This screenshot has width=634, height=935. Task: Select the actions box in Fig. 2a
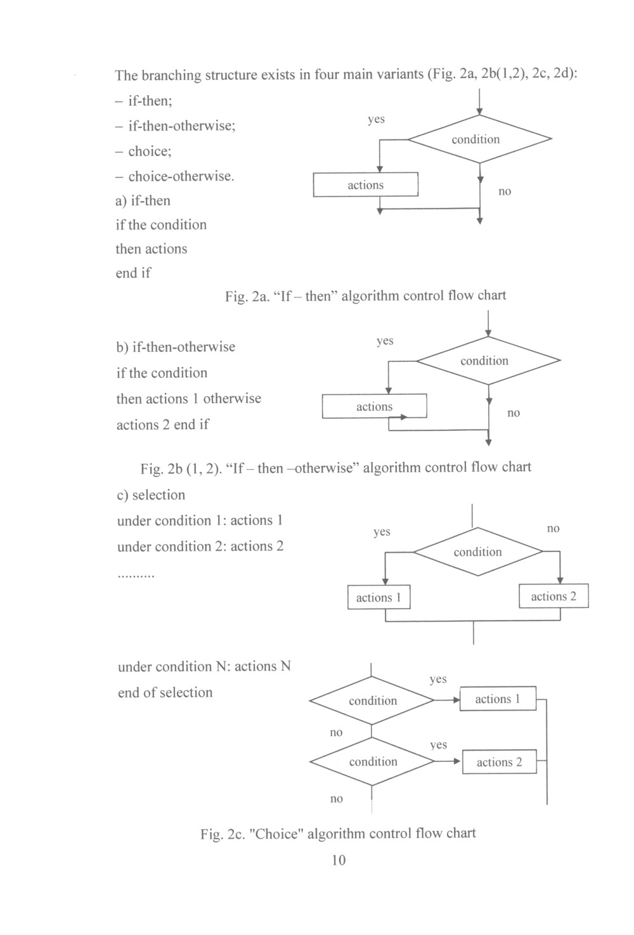366,184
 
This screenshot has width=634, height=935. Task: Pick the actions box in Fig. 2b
374,406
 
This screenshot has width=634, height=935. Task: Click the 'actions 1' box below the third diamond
378,597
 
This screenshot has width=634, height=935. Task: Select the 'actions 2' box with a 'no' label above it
553,596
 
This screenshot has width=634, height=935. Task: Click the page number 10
339,860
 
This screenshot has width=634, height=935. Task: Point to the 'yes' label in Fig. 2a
376,119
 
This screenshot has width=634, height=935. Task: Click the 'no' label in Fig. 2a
505,191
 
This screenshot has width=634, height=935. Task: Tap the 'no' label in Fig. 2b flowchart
514,413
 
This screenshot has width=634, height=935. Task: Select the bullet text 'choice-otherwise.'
175,176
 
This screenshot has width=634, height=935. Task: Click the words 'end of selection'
165,692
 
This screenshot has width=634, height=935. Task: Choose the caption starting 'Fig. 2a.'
365,295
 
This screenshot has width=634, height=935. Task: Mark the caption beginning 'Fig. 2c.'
338,834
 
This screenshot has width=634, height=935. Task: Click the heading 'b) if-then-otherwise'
176,347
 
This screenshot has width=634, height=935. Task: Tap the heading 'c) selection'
151,495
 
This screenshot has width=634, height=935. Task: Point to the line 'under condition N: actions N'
204,666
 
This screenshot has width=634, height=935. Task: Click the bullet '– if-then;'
144,101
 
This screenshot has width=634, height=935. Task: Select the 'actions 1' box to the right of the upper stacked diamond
498,699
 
